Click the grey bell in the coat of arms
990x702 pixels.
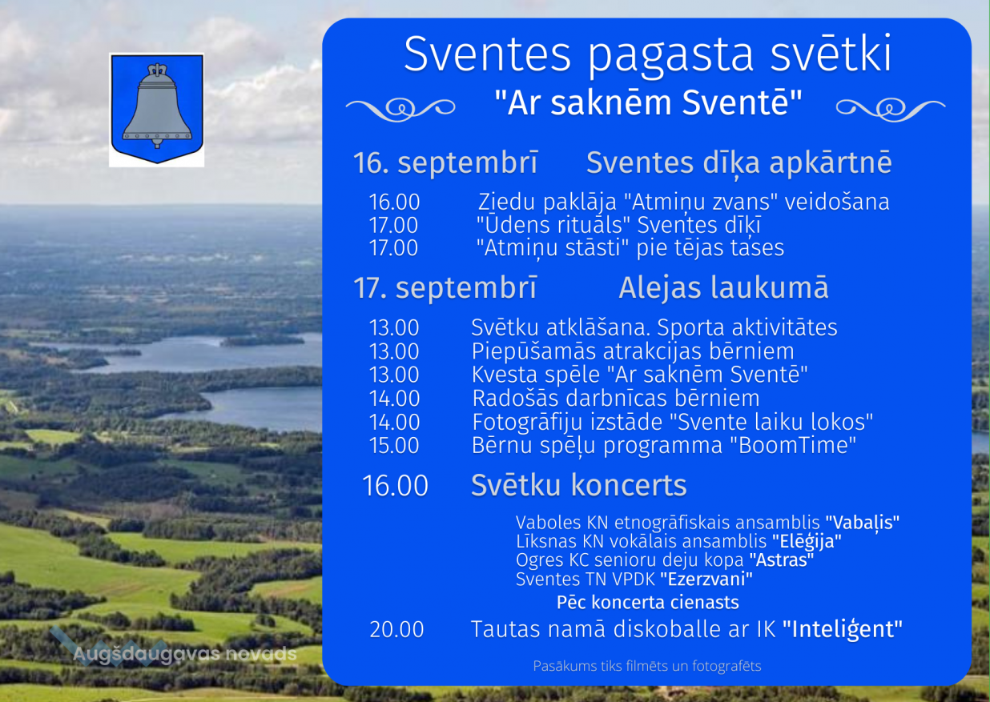(x=157, y=110)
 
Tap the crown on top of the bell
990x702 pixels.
(x=157, y=70)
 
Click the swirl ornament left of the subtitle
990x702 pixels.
(x=400, y=109)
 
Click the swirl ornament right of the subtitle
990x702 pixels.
(x=891, y=109)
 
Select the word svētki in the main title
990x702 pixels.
(x=831, y=54)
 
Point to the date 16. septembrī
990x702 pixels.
(x=445, y=162)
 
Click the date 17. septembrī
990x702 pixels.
(x=445, y=287)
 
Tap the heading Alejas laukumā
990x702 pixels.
(x=723, y=287)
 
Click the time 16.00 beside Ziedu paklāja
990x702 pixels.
(x=394, y=202)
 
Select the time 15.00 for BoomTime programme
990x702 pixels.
(x=394, y=445)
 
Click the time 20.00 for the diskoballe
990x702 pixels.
(x=396, y=629)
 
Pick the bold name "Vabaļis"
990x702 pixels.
(x=863, y=523)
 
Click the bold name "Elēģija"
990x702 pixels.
(x=807, y=541)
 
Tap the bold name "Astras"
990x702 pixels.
(x=782, y=560)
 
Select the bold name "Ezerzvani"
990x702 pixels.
(x=706, y=579)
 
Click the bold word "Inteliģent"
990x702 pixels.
(x=843, y=629)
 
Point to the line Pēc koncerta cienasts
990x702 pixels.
(x=647, y=602)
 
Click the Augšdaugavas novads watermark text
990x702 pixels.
(x=185, y=654)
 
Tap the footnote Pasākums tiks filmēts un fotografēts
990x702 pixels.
(x=647, y=666)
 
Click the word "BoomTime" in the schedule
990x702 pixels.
(x=792, y=445)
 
